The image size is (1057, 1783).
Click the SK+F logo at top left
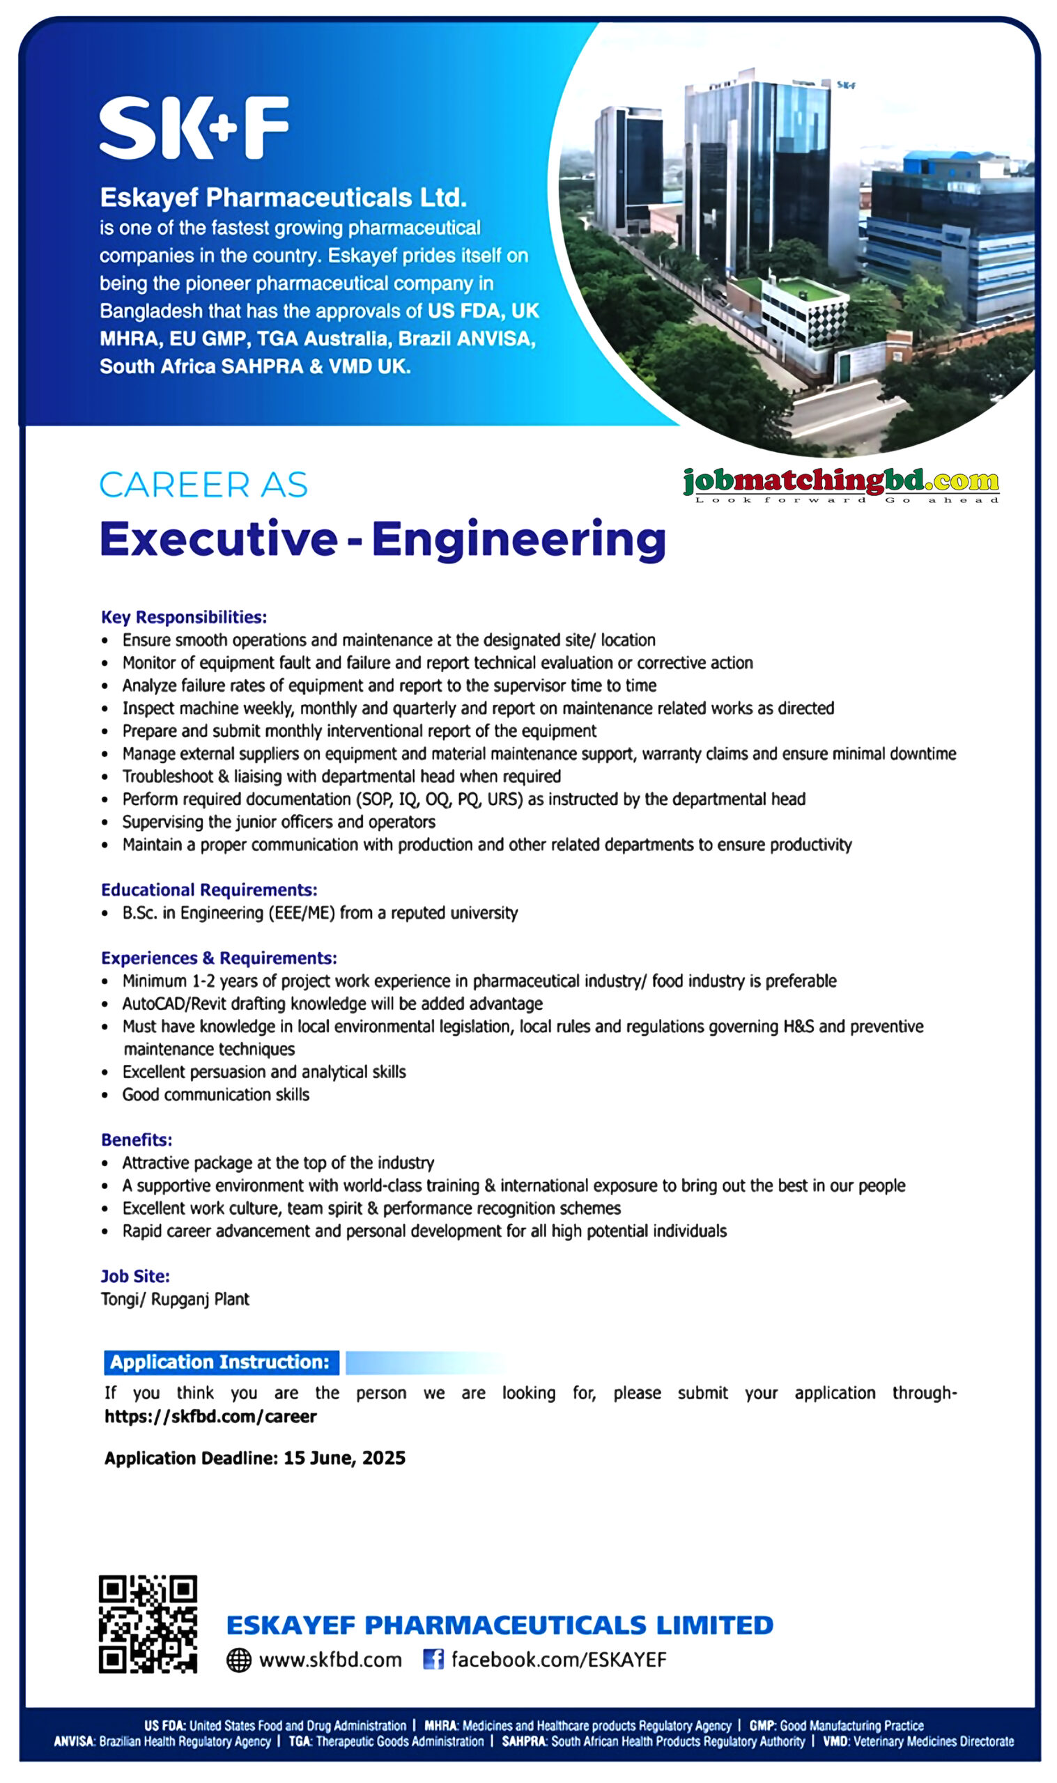pos(194,127)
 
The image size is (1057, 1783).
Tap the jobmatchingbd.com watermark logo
pos(840,484)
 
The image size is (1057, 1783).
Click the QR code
pos(148,1624)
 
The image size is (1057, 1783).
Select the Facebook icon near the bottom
pos(433,1659)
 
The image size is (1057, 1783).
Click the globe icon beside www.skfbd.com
pos(238,1660)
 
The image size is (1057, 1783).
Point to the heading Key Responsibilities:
pos(184,617)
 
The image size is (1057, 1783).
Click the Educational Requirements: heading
pos(209,889)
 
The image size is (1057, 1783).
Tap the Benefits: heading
pos(137,1139)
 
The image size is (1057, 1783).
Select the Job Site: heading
pos(135,1276)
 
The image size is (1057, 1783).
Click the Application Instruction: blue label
pos(221,1362)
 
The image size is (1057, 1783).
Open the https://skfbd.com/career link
pos(210,1417)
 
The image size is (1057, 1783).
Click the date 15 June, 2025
pos(344,1458)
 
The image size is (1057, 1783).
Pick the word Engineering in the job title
pos(518,539)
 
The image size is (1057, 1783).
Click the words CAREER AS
pos(203,485)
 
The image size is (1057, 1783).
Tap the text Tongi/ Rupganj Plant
pos(175,1299)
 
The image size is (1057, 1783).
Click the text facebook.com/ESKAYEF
pos(558,1660)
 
